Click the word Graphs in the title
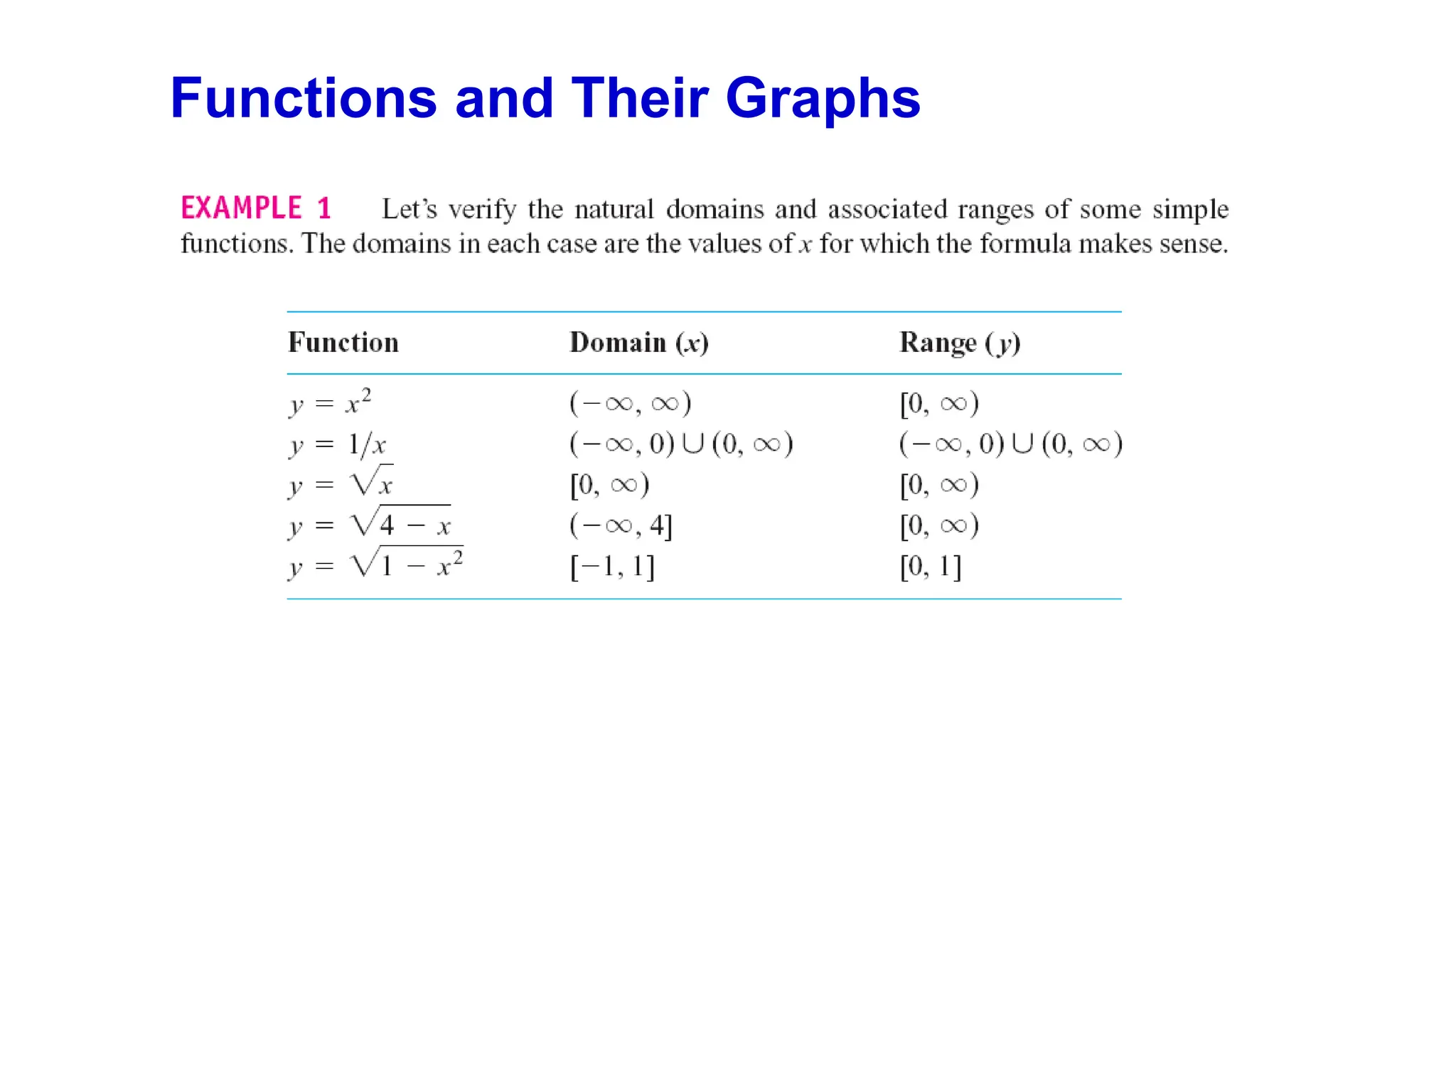(823, 100)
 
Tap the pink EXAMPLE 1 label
(256, 208)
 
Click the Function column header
(343, 343)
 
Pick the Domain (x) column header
(638, 343)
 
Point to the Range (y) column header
(960, 343)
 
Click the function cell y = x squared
(330, 403)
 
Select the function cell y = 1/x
(338, 445)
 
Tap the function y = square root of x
(341, 484)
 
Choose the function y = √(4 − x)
(370, 525)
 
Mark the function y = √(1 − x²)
(375, 565)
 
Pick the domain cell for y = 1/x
(680, 445)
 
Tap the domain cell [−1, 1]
(612, 567)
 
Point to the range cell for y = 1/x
(1010, 445)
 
